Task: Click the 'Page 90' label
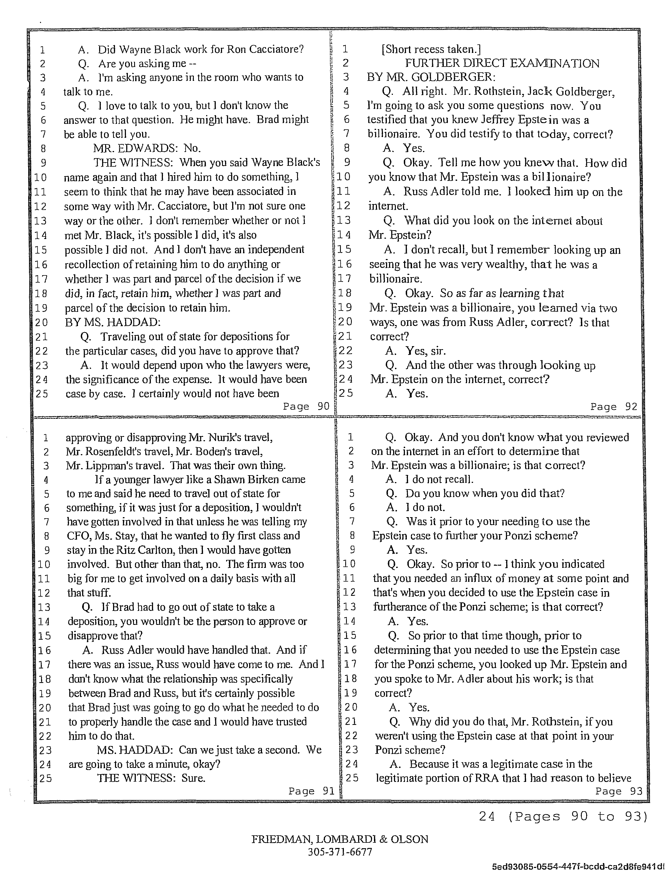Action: [306, 406]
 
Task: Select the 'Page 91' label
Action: [311, 791]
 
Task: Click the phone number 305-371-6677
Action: [340, 851]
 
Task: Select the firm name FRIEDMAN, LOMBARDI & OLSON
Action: [340, 839]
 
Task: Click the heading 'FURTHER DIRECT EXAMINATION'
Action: [502, 63]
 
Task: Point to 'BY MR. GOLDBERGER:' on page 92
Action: [431, 77]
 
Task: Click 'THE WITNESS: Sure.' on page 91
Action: [151, 778]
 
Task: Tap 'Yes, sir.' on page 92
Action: [425, 351]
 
